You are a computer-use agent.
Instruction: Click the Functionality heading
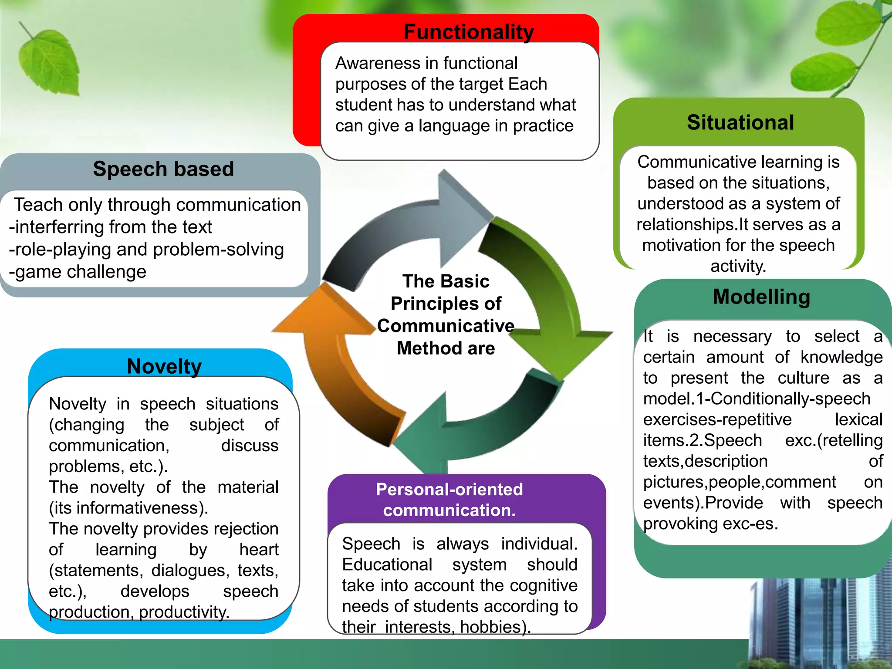469,32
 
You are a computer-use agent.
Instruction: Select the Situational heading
740,122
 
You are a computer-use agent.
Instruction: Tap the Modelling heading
761,297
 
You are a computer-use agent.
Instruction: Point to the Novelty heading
164,366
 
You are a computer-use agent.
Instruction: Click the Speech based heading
163,169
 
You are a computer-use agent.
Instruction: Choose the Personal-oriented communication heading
449,500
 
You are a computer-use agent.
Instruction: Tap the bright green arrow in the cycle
544,296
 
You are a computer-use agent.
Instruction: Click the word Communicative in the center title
446,326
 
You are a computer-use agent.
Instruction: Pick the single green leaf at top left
50,61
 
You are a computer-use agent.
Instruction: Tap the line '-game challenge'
78,272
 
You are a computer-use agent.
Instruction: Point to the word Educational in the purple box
387,565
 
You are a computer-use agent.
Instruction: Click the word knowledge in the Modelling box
841,358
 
